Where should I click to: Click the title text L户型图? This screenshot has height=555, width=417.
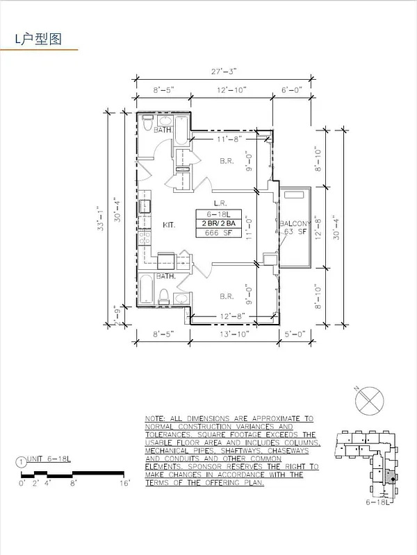tap(39, 39)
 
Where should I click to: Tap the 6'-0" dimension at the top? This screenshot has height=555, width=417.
tap(293, 90)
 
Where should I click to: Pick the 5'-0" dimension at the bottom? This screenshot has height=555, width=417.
tap(294, 334)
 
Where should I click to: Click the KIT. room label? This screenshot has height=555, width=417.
tap(168, 225)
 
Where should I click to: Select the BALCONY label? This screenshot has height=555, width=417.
tap(295, 223)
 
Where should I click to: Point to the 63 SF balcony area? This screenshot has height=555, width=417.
tap(296, 232)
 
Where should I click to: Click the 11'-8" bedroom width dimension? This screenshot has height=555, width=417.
tap(227, 139)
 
